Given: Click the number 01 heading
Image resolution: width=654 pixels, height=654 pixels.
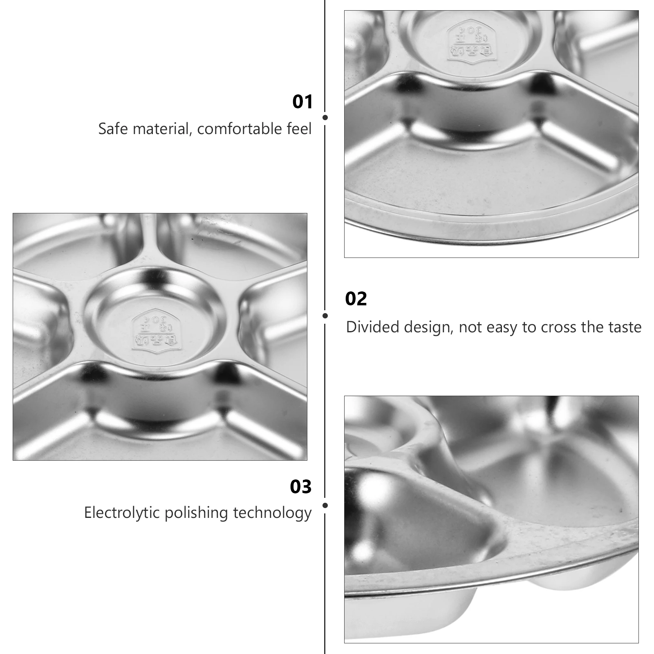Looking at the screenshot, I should (x=302, y=102).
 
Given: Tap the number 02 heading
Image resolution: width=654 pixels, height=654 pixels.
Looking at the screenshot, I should (x=356, y=299).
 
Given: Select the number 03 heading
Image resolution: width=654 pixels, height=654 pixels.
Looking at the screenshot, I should (x=301, y=487).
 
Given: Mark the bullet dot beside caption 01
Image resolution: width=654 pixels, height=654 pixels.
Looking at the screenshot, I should (x=325, y=118).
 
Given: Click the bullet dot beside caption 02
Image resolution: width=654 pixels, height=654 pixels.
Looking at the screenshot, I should (x=325, y=316).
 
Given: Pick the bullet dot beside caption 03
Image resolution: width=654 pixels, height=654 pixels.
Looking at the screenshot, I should (x=325, y=506).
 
